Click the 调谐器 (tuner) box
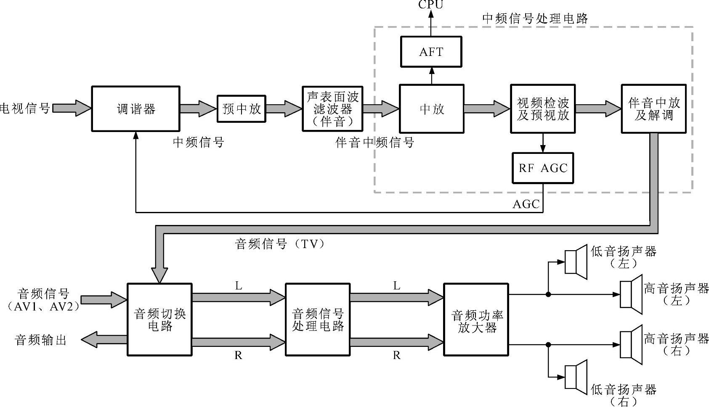[x=135, y=109]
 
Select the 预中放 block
[x=241, y=109]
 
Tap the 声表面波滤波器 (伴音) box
[x=332, y=109]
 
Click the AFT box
[x=431, y=52]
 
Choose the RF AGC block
[x=542, y=168]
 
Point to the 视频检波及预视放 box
[x=542, y=109]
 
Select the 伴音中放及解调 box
[x=653, y=109]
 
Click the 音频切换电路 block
[x=159, y=320]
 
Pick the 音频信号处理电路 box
[x=318, y=320]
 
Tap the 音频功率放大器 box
[x=476, y=320]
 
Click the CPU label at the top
[x=430, y=5]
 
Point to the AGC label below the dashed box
[x=526, y=204]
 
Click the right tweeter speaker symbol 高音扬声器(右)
[x=631, y=345]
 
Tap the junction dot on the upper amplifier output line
[x=548, y=294]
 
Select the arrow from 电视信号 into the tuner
[x=72, y=108]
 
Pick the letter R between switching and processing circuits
[x=238, y=356]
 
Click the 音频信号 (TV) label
[x=280, y=244]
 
